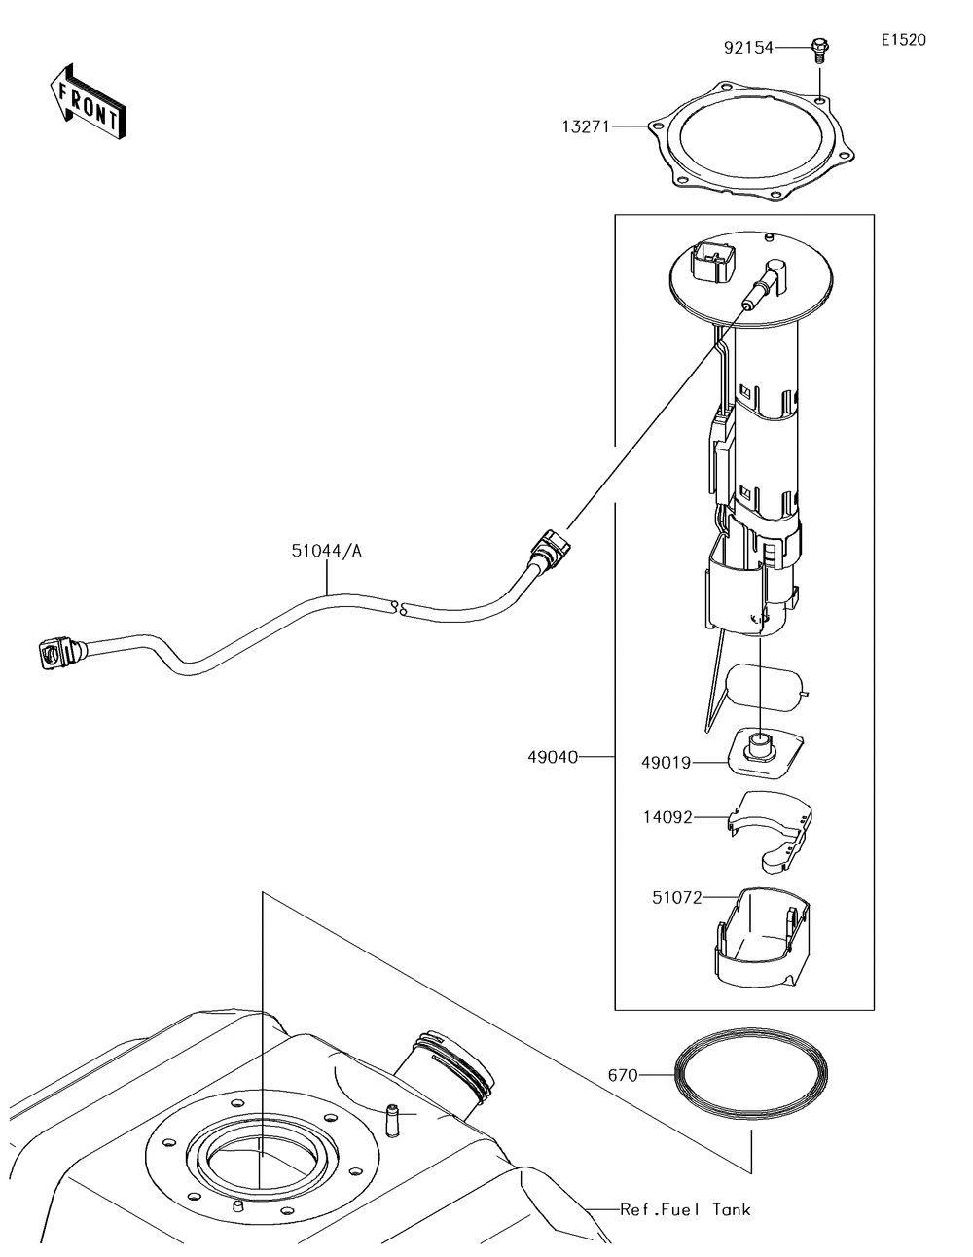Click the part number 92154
point(748,48)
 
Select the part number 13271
point(586,126)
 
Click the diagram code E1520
point(904,40)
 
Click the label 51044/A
point(326,552)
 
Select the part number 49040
point(553,757)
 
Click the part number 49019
point(666,763)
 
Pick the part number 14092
point(667,817)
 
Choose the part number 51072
point(677,897)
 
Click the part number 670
point(623,1075)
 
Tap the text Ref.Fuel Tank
point(685,1209)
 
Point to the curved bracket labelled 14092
point(771,834)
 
